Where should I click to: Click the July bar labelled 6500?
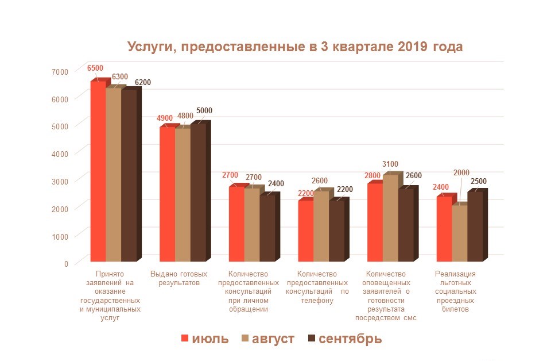point(98,172)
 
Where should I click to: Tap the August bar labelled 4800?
point(183,195)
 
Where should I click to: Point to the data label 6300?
point(120,76)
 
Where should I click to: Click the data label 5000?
point(204,111)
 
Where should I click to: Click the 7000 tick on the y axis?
point(59,71)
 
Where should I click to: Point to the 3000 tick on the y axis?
point(59,181)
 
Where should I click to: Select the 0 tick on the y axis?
point(66,263)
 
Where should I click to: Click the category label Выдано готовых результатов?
point(179,279)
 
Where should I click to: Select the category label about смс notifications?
point(386,295)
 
